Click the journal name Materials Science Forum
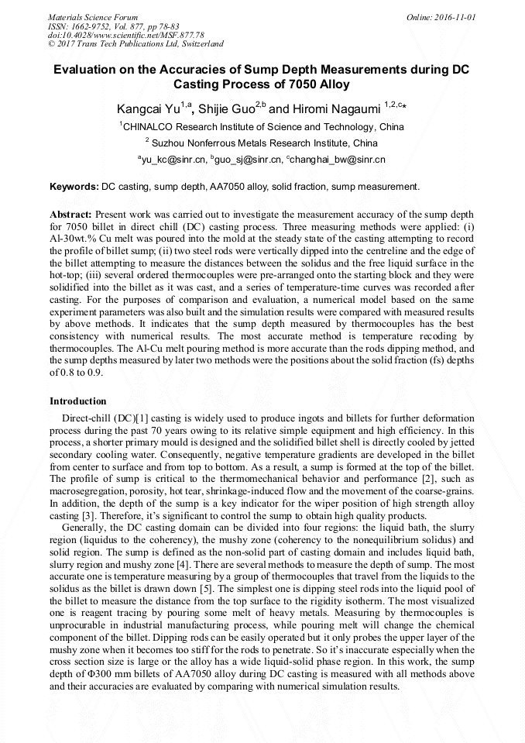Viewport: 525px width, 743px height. (x=93, y=16)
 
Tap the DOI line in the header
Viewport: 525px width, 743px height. (x=125, y=35)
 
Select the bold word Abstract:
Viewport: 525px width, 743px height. (x=70, y=213)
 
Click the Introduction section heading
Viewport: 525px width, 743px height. (x=78, y=401)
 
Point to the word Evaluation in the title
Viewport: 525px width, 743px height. (x=87, y=70)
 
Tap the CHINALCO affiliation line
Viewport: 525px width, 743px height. (x=263, y=126)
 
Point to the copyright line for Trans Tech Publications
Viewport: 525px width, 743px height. (x=136, y=44)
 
